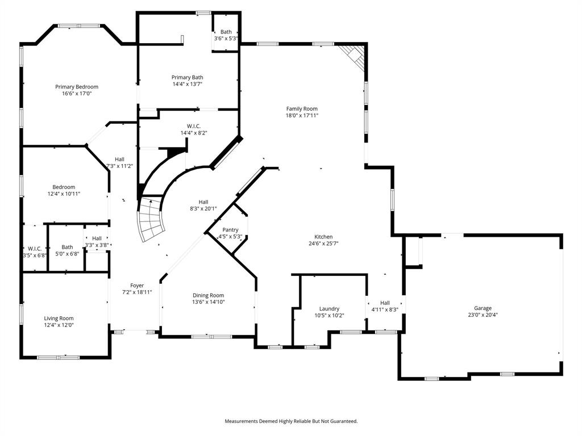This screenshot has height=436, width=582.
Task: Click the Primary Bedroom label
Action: pyautogui.click(x=77, y=87)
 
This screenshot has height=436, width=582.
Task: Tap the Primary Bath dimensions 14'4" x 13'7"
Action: pyautogui.click(x=188, y=84)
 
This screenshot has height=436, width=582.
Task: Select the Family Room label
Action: pyautogui.click(x=302, y=108)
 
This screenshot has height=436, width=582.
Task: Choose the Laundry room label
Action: pyautogui.click(x=329, y=309)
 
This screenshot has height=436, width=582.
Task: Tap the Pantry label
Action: pyautogui.click(x=230, y=230)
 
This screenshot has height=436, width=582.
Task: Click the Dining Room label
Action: pyautogui.click(x=209, y=295)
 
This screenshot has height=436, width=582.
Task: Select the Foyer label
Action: pyautogui.click(x=137, y=286)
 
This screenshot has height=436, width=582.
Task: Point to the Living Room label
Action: pyautogui.click(x=59, y=318)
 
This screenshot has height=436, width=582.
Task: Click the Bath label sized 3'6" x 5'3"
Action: pyautogui.click(x=226, y=32)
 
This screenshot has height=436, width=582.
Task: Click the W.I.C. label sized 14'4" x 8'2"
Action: pyautogui.click(x=194, y=126)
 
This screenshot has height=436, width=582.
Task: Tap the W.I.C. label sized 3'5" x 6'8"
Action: pyautogui.click(x=34, y=249)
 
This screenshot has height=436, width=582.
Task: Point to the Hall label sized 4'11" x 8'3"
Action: pyautogui.click(x=385, y=303)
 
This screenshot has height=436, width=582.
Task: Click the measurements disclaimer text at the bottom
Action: pyautogui.click(x=291, y=421)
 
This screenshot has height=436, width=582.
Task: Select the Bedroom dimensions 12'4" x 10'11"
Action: pyautogui.click(x=64, y=194)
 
